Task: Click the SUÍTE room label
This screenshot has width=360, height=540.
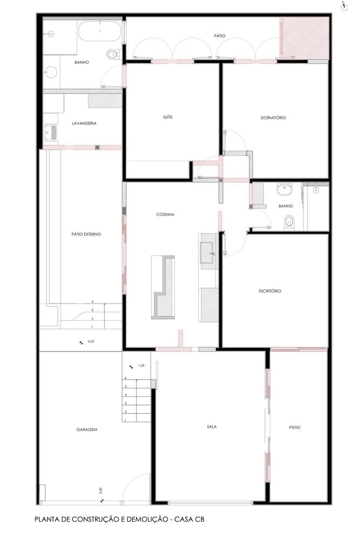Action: tap(168, 117)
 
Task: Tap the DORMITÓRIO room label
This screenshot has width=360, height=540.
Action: tap(273, 117)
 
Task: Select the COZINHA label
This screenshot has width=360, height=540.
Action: tap(165, 214)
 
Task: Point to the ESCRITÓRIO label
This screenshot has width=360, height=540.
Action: tap(270, 291)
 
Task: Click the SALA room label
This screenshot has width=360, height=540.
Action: tap(212, 427)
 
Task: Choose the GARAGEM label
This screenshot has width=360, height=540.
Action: tap(87, 429)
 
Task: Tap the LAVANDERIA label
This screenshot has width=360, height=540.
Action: tap(84, 123)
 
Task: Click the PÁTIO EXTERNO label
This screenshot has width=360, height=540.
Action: tap(86, 234)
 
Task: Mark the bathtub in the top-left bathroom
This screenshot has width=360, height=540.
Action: tap(100, 31)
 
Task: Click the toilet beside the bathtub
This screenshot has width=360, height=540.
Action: tap(113, 54)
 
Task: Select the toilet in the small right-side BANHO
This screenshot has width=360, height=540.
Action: tap(289, 222)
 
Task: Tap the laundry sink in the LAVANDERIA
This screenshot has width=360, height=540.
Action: tap(51, 131)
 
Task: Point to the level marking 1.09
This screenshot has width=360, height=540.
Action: tap(141, 366)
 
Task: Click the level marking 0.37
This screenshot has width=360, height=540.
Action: tap(91, 342)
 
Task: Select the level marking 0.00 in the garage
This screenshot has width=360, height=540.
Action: tap(101, 490)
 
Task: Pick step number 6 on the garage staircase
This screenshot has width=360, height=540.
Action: tap(126, 378)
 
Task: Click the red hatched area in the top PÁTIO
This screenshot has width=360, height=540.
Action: tap(304, 38)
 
